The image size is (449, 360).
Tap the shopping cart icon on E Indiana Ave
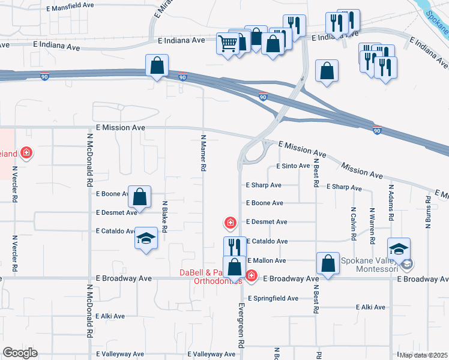[x=228, y=43]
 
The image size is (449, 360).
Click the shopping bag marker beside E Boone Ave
[x=139, y=196]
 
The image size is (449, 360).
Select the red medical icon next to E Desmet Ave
[x=229, y=224]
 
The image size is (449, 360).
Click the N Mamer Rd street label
[x=203, y=153]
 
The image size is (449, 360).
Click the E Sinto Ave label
[x=293, y=166]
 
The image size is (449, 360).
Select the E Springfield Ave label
[x=273, y=298]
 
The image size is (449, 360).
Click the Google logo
[x=20, y=353]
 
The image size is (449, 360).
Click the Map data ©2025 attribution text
[x=423, y=355]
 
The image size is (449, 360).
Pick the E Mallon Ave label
[x=266, y=260]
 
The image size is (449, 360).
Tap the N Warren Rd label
[x=372, y=225]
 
